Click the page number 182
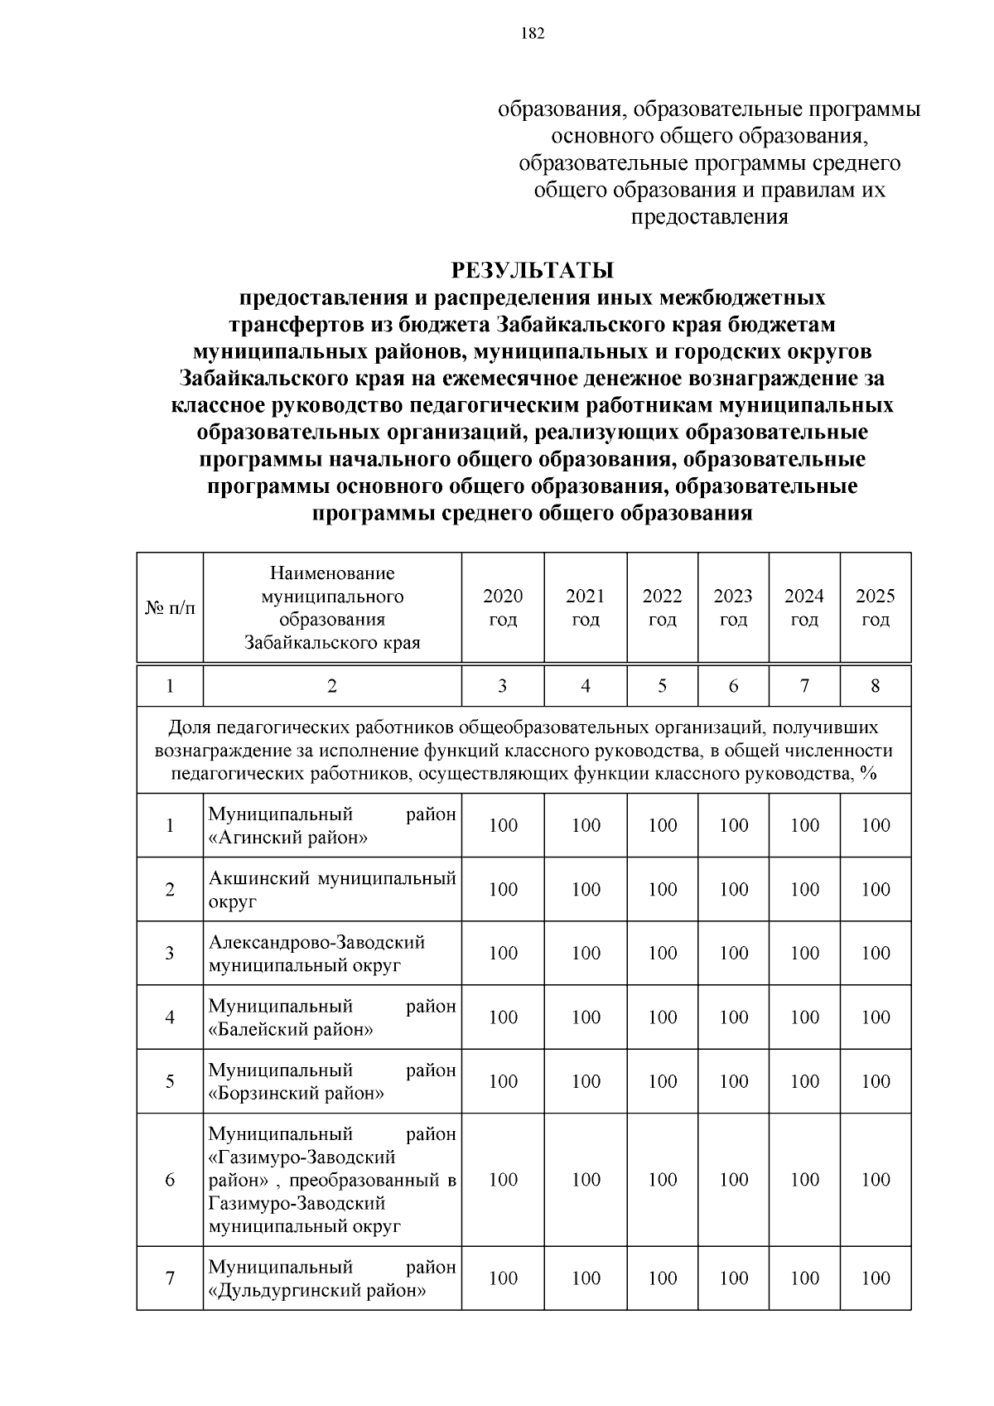click(x=533, y=34)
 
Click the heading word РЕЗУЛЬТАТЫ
click(x=532, y=271)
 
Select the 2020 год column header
click(x=503, y=607)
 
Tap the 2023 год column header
click(x=733, y=607)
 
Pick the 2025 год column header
click(x=876, y=607)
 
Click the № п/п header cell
click(x=170, y=608)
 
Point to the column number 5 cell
click(x=662, y=686)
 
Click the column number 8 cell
click(x=876, y=686)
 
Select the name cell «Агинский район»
click(x=331, y=825)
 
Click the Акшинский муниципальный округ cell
click(x=331, y=889)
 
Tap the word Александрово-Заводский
click(x=316, y=943)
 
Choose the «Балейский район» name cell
click(x=331, y=1017)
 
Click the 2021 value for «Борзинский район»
click(x=586, y=1081)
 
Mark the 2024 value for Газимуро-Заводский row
click(x=804, y=1179)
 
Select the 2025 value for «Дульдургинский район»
click(x=876, y=1278)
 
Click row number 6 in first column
click(x=170, y=1179)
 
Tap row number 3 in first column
click(x=170, y=953)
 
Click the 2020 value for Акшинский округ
click(x=503, y=889)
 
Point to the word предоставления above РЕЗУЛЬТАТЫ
click(x=709, y=218)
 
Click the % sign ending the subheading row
click(x=868, y=774)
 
